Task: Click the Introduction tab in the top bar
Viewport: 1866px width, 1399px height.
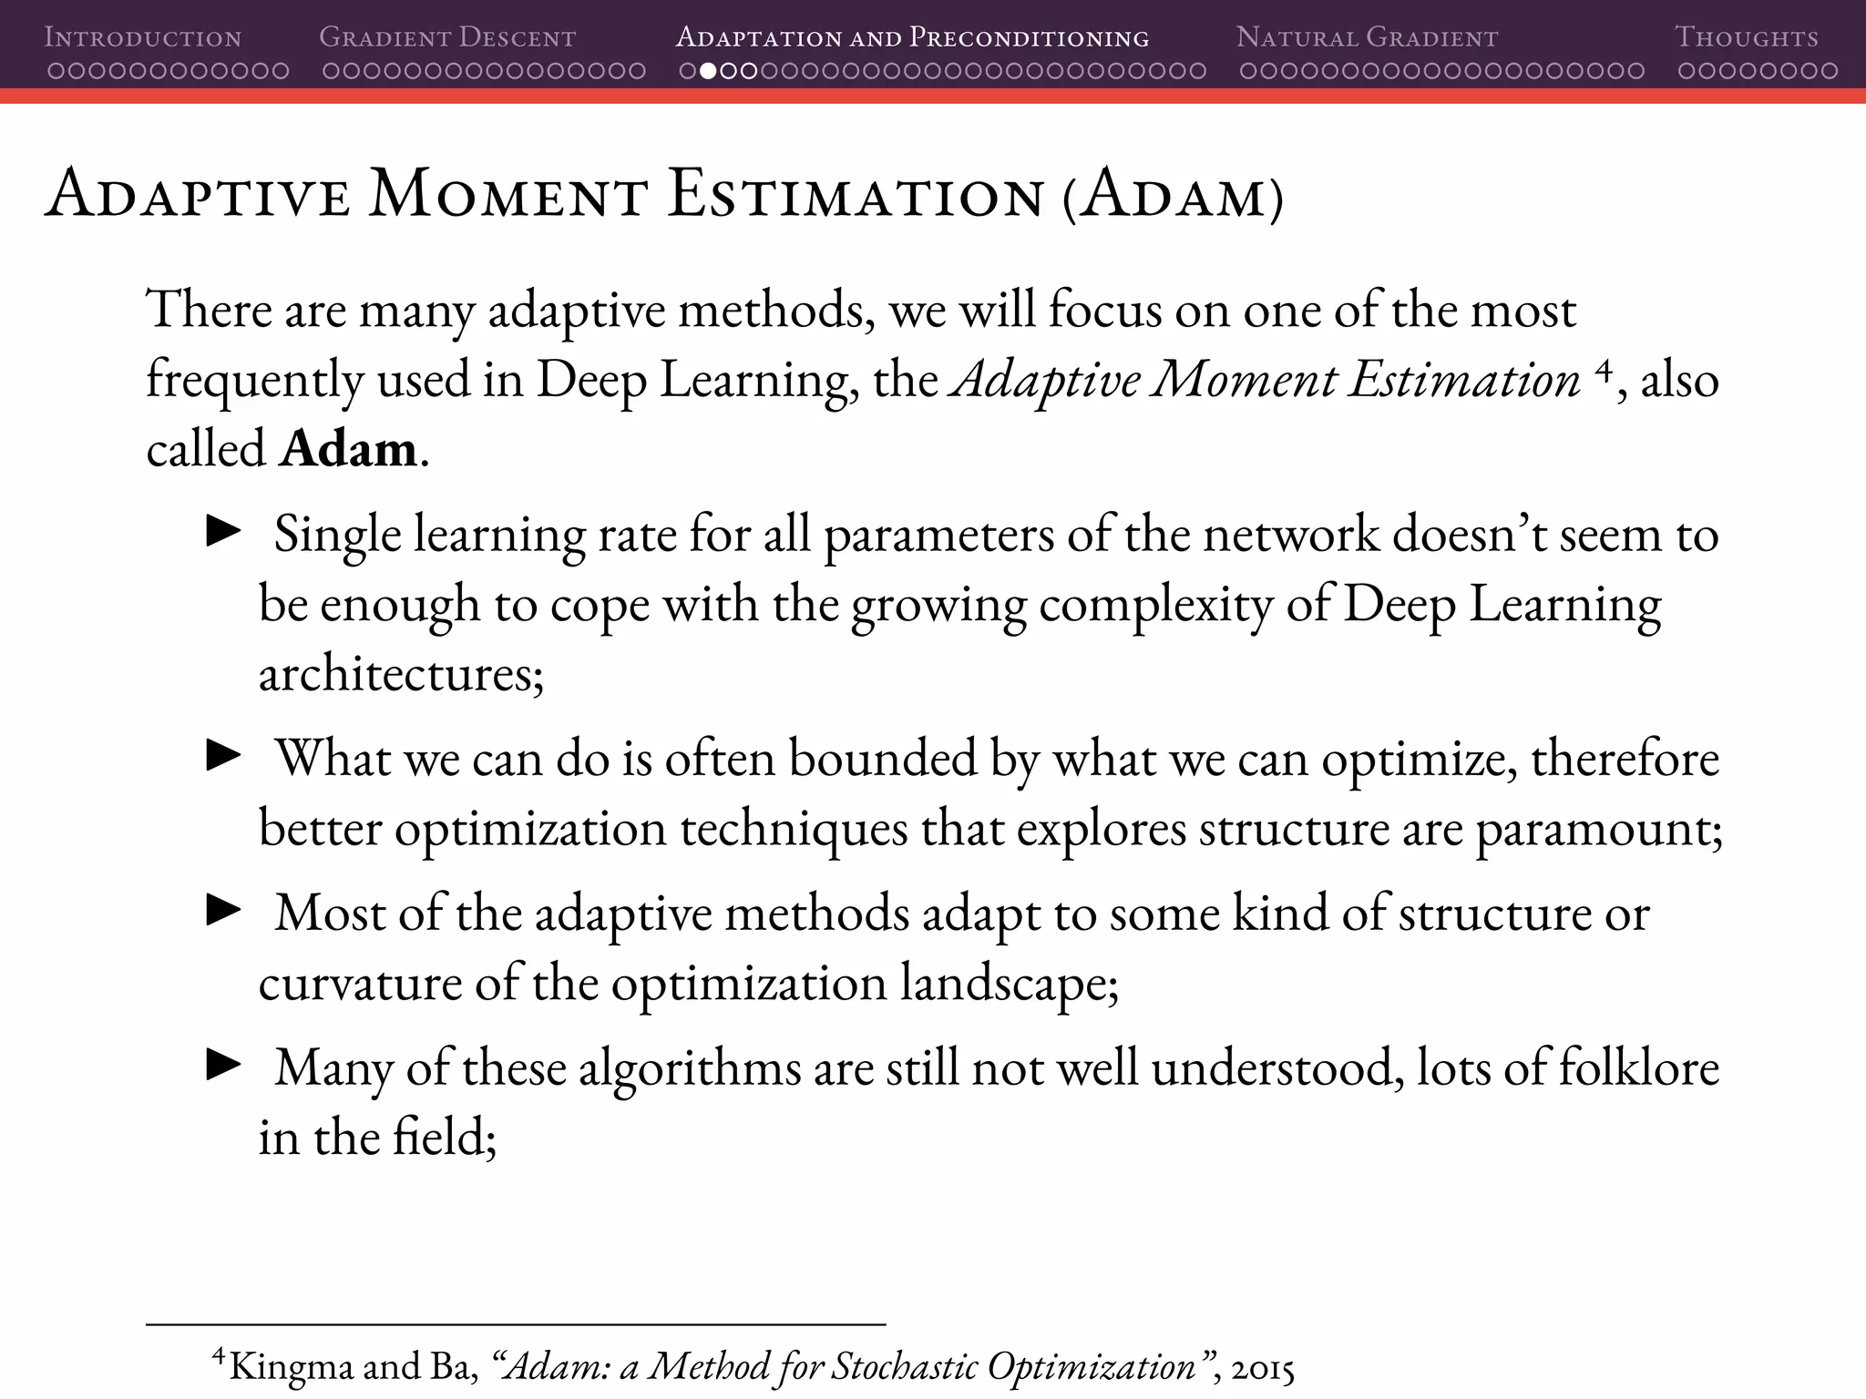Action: (143, 38)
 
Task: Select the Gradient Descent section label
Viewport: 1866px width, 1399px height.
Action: (447, 38)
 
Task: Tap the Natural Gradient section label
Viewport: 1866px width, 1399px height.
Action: (1367, 38)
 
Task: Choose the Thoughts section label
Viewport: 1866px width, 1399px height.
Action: (1746, 38)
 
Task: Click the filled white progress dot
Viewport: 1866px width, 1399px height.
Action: (707, 71)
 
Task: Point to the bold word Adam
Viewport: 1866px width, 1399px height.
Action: (348, 448)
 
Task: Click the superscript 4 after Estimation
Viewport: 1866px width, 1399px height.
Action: (1605, 369)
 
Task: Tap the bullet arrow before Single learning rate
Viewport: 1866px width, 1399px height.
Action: (223, 531)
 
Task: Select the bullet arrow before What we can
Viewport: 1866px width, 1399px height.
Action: (223, 755)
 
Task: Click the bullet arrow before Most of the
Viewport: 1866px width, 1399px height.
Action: (223, 909)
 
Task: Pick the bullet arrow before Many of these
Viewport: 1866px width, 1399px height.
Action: (223, 1064)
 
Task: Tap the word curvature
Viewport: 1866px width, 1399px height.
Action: (360, 983)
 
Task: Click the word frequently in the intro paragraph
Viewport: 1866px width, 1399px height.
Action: (254, 380)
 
